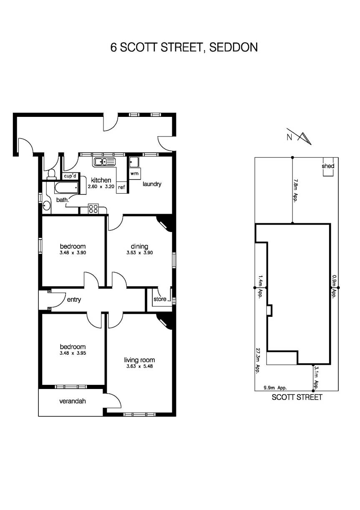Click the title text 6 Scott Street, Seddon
[x=184, y=47]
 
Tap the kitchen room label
[x=101, y=180]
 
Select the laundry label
[x=152, y=184]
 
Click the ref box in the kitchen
[x=121, y=187]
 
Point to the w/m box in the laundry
[x=134, y=173]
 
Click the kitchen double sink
[x=104, y=162]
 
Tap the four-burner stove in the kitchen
[x=93, y=208]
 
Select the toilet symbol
[x=52, y=174]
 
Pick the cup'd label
[x=70, y=175]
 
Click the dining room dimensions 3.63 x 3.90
[x=139, y=253]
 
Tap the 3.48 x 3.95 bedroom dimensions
[x=73, y=353]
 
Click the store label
[x=160, y=299]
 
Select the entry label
[x=73, y=299]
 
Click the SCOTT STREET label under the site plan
[x=297, y=397]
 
